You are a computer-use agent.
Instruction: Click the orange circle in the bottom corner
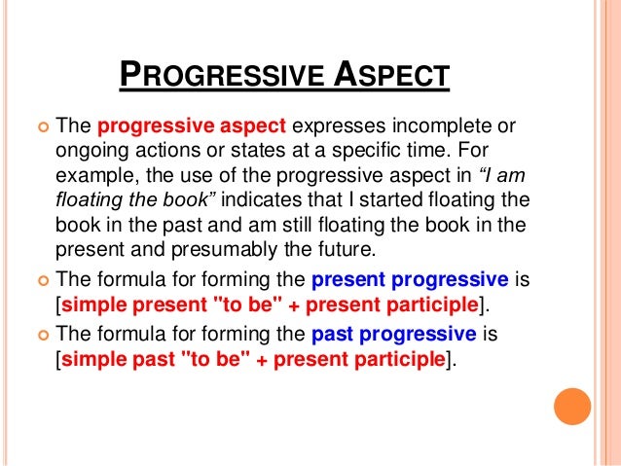(572, 407)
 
